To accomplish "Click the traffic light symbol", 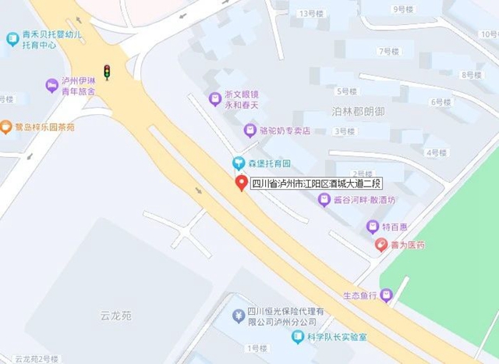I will [x=107, y=73].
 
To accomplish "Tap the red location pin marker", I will [x=241, y=184].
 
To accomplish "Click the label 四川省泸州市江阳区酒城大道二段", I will [x=317, y=184].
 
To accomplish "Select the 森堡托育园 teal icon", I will [x=239, y=163].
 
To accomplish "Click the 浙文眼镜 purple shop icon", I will [x=214, y=98].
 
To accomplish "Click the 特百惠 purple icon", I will [x=373, y=227].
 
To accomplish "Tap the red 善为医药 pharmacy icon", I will [x=381, y=245].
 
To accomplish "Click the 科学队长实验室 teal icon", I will [x=298, y=337].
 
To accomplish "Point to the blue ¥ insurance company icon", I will [x=238, y=316].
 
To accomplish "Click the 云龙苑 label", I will [x=116, y=316].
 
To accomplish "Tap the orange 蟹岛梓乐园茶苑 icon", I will [x=7, y=127].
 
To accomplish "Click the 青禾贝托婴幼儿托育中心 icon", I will [x=11, y=37].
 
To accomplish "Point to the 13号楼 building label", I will [x=311, y=14].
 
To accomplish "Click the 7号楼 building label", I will [x=388, y=52].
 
